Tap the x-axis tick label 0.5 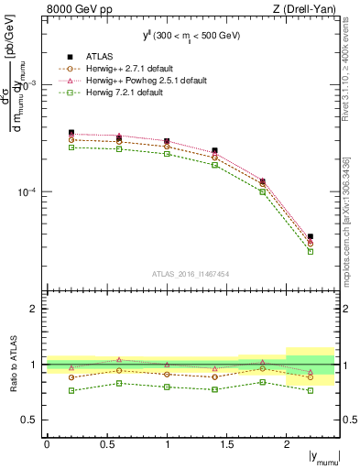(x=106, y=443)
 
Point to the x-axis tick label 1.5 (x=226, y=443)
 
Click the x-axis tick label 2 (x=287, y=443)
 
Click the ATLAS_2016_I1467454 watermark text (x=190, y=273)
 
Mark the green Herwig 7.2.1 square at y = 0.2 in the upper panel (x=71, y=147)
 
